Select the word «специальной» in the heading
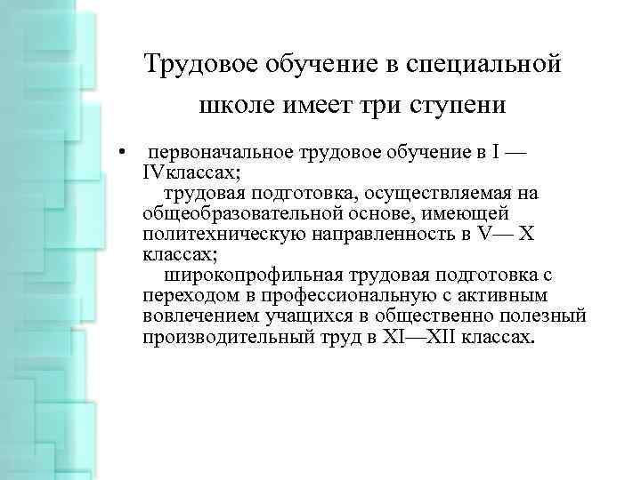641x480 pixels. click(481, 65)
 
